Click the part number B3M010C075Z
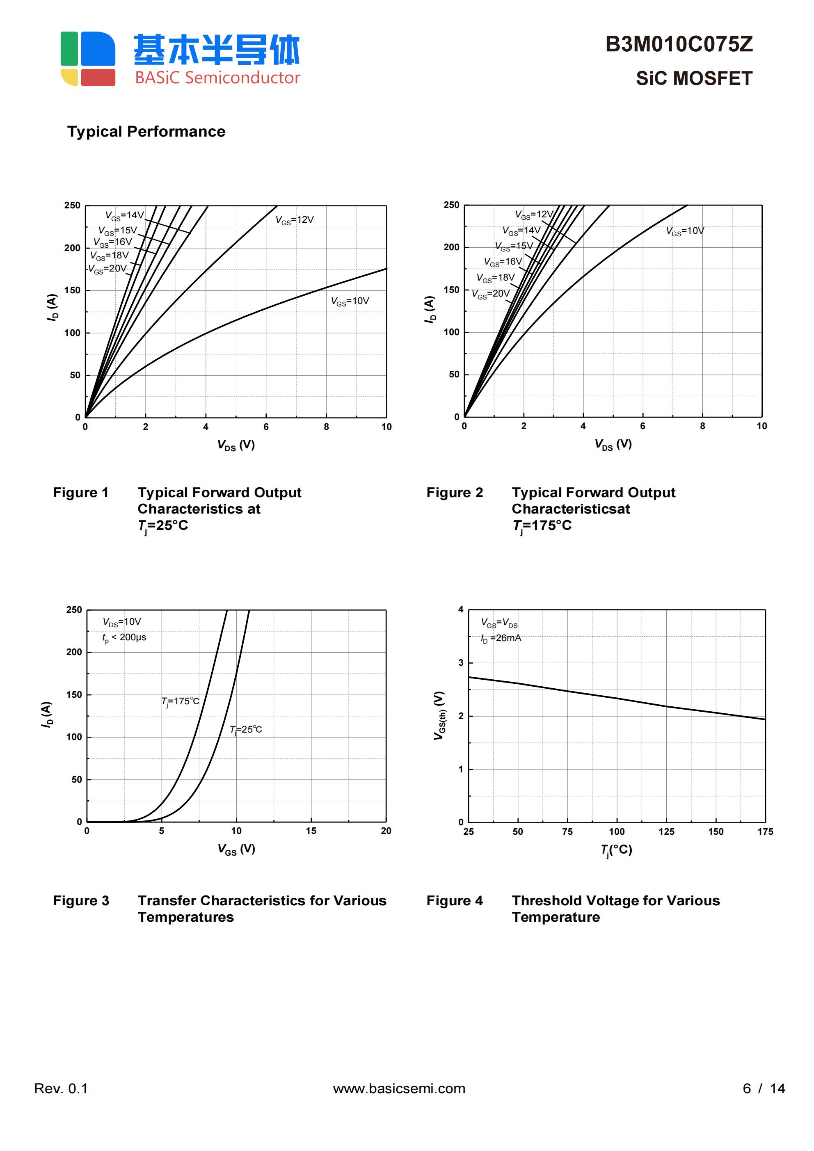[679, 45]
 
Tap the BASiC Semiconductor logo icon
[88, 59]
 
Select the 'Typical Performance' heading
[146, 132]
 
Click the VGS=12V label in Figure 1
[295, 220]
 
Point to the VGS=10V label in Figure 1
[350, 301]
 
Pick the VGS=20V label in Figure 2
[491, 294]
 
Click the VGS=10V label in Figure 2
[685, 231]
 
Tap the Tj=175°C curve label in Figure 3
[180, 701]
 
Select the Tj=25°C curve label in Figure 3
[246, 729]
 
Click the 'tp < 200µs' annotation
[124, 638]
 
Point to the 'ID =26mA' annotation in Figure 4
[501, 638]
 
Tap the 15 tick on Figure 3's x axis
[311, 831]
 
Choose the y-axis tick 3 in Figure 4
[461, 663]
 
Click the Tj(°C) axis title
[616, 850]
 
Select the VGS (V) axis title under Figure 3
[236, 849]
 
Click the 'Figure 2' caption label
[455, 493]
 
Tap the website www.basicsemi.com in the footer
[399, 1088]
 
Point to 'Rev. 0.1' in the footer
[61, 1088]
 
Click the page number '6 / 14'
[764, 1088]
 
